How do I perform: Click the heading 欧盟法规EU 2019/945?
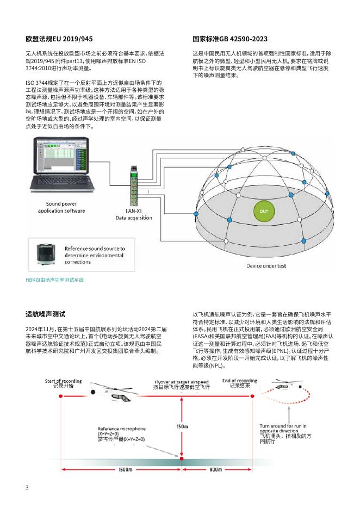(59, 39)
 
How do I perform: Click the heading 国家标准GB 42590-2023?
(230, 39)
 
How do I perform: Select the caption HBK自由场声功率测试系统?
(55, 280)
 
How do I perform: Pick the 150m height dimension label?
(182, 426)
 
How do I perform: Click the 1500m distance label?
(126, 469)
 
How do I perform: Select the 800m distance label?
(215, 469)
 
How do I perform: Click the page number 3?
(27, 487)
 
